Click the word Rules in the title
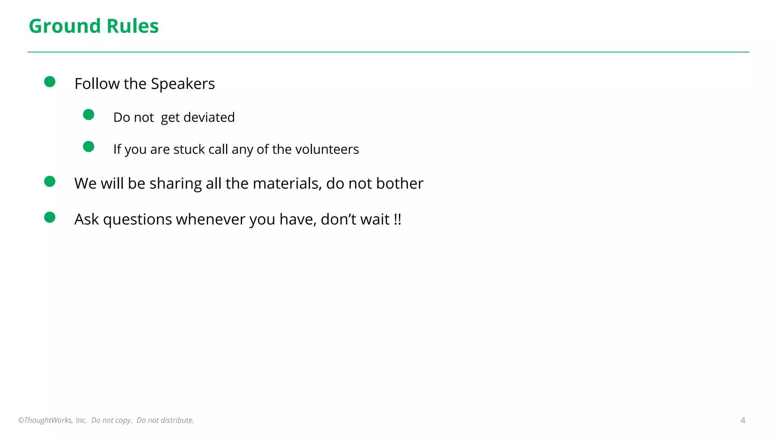coord(132,26)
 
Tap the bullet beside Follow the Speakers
coord(50,82)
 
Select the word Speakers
coord(183,84)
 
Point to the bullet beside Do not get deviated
coord(88,115)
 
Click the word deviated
coord(209,117)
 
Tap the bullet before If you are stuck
coord(88,146)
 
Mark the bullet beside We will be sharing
coord(50,181)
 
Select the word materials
coord(287,183)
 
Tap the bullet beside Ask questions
coord(50,217)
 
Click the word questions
coord(137,219)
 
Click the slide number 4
coord(743,420)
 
